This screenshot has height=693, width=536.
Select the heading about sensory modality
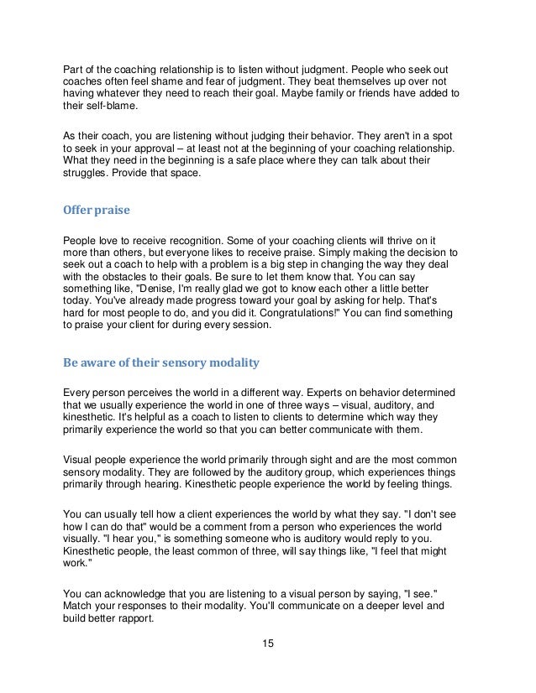click(155, 362)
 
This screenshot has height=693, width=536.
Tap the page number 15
click(267, 644)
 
